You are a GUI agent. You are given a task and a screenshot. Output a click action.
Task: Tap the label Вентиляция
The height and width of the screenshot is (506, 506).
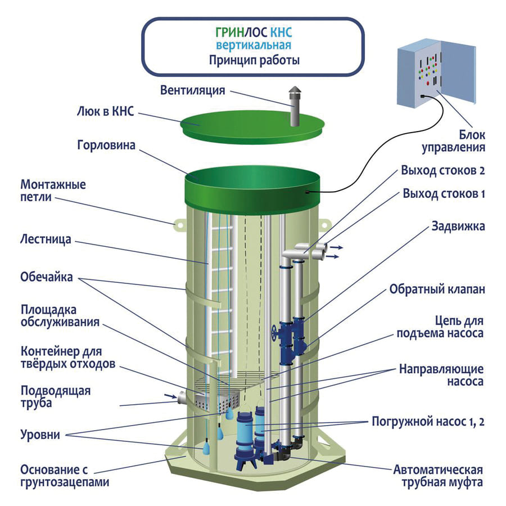click(193, 91)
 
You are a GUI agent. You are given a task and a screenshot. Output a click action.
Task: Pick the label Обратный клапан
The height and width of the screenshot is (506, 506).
click(437, 289)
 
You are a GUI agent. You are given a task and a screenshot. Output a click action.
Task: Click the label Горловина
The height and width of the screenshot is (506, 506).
click(106, 146)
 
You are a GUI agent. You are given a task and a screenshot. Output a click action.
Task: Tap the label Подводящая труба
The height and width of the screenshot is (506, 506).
click(55, 396)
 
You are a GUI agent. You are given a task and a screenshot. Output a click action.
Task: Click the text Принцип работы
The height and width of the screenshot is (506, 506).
click(254, 60)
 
